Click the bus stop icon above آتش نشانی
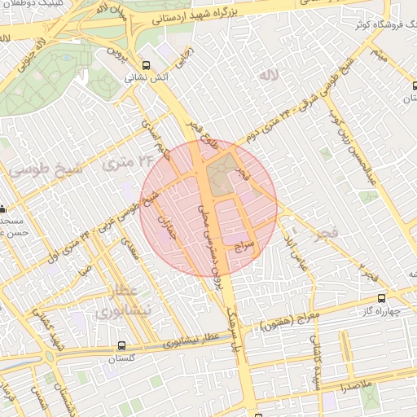146,65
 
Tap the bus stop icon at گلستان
121,345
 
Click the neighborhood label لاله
269,76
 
